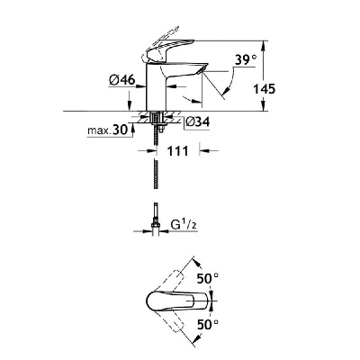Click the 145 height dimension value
click(265, 89)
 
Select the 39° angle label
click(246, 60)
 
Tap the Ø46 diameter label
click(122, 80)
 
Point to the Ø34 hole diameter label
click(197, 122)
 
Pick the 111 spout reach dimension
click(178, 151)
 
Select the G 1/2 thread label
click(184, 225)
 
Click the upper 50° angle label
click(207, 278)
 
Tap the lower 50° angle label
click(207, 324)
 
